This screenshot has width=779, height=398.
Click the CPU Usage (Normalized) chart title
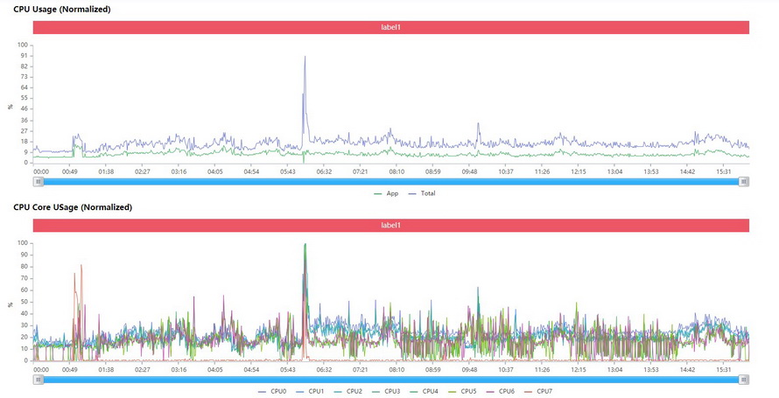(x=61, y=9)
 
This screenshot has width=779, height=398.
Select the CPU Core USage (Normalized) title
(x=72, y=207)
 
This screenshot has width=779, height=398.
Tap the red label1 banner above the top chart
(x=390, y=27)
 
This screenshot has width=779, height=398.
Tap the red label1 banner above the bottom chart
(x=390, y=226)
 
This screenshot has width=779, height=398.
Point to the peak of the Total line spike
(x=305, y=57)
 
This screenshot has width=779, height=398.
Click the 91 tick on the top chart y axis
(x=25, y=56)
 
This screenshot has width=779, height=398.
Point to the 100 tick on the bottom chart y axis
(x=24, y=244)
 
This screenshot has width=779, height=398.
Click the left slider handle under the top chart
(x=38, y=182)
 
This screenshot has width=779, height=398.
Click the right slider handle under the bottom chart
(x=744, y=380)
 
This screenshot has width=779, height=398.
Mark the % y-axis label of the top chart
(x=11, y=107)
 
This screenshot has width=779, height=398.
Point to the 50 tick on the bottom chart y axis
(x=25, y=302)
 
